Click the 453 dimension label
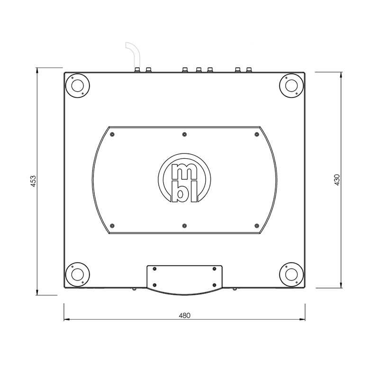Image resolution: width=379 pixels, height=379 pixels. [33, 182]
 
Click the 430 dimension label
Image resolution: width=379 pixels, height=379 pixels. [337, 180]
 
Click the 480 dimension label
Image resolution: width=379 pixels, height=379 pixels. [185, 316]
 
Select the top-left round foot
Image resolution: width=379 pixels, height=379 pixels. [77, 86]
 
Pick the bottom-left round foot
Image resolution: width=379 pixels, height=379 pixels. [77, 274]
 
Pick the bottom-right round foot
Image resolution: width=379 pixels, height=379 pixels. [291, 274]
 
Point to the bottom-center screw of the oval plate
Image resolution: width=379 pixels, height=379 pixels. [184, 226]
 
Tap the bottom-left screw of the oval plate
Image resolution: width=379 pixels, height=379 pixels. [112, 226]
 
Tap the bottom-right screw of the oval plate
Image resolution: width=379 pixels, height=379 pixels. [256, 226]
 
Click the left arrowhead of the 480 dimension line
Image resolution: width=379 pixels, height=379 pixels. [66, 320]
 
